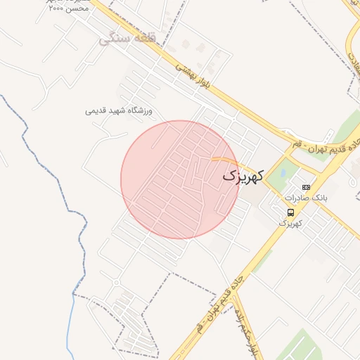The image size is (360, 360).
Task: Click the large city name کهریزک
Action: (243, 176)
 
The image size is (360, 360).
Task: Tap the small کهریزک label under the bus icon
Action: (290, 223)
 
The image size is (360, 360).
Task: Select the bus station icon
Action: (290, 212)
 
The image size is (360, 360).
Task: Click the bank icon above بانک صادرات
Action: (305, 187)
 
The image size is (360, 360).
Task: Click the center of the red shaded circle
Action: (180, 179)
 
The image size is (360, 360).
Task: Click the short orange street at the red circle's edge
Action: (224, 161)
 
